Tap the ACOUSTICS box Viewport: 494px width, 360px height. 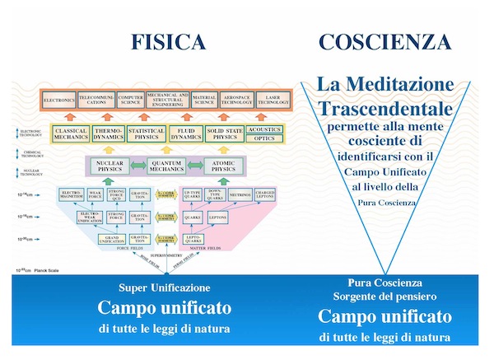pos(264,129)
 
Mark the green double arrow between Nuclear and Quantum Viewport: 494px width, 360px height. pos(137,166)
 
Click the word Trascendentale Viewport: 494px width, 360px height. pos(386,108)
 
